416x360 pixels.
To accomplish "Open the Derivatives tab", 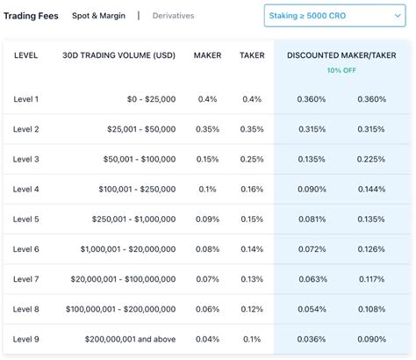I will (x=173, y=16).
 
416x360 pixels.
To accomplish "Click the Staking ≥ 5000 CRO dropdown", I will (x=334, y=16).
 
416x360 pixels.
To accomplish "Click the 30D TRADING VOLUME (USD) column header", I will (x=119, y=55).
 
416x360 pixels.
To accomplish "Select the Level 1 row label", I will (x=26, y=99).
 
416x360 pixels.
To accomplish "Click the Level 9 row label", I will (x=26, y=339).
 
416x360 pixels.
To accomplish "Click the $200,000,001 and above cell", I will (x=130, y=339).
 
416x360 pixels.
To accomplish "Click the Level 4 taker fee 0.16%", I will (x=252, y=189).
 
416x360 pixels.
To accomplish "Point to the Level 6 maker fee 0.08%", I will (x=208, y=249).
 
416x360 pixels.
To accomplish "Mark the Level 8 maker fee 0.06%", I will (x=208, y=309).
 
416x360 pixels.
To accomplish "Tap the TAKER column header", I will (x=252, y=55).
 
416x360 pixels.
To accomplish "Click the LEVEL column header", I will (x=26, y=55).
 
